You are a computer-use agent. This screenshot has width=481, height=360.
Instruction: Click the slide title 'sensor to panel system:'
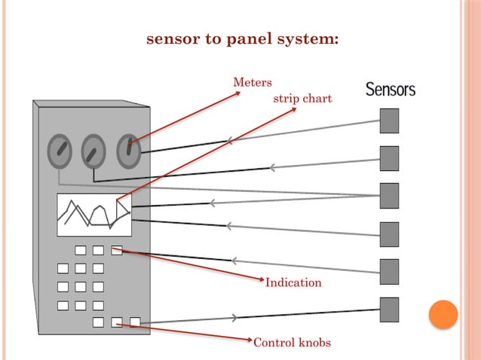pos(242,38)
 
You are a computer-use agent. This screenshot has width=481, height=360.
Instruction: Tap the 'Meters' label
pos(253,83)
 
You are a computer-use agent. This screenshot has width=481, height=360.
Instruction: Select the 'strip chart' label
pos(302,99)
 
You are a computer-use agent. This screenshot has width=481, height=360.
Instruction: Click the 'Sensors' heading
pos(391,90)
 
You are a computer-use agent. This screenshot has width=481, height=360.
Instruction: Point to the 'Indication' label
pos(293,282)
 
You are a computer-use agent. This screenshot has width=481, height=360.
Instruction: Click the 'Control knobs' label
pos(292,343)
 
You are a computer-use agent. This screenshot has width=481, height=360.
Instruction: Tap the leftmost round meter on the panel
pos(60,151)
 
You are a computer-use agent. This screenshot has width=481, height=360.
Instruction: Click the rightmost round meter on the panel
pos(129,151)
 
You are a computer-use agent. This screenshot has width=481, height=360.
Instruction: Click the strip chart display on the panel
pos(94,215)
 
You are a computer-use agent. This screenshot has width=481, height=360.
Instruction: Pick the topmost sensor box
pos(389,121)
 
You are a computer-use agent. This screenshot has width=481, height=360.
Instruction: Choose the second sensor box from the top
pos(389,158)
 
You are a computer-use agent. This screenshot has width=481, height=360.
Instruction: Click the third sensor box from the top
pos(389,196)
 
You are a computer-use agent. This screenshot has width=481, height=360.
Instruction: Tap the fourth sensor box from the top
pos(389,234)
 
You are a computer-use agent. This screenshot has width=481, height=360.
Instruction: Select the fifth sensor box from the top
pos(389,272)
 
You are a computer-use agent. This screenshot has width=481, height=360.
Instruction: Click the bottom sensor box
pos(389,310)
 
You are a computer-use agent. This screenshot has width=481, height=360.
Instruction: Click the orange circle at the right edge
pos(443,314)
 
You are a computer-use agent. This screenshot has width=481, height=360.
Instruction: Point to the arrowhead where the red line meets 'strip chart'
pos(294,110)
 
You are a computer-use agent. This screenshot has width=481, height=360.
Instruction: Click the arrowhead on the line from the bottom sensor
pos(235,317)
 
